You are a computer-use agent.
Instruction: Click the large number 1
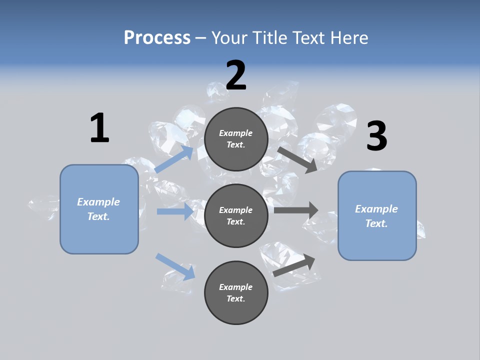99,128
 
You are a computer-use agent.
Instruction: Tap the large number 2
236,75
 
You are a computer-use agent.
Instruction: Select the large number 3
376,136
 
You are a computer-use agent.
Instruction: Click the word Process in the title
157,37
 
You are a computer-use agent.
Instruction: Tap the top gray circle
236,139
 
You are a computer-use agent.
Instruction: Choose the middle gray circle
236,215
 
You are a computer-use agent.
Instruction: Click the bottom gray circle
236,292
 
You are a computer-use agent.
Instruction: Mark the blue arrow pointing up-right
174,159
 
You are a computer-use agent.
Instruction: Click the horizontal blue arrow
175,211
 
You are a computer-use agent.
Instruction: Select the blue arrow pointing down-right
175,266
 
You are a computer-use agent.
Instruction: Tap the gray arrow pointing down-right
297,159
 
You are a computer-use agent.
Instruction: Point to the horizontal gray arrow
296,210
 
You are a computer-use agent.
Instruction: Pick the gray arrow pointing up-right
294,265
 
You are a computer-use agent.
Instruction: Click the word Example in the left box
98,202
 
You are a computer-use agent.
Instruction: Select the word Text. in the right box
376,223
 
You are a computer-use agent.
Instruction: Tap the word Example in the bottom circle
236,287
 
